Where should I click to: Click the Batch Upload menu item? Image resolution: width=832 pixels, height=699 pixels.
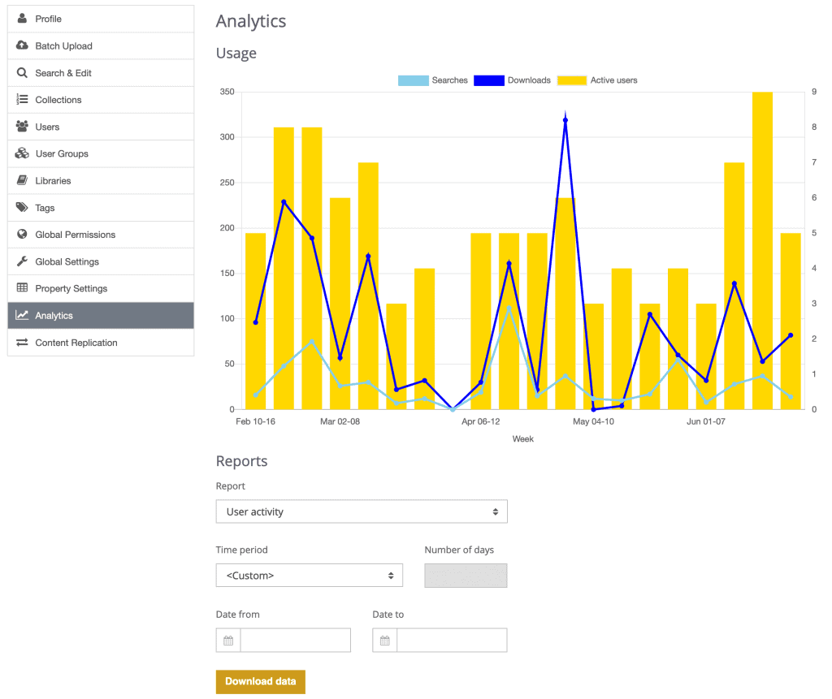63,46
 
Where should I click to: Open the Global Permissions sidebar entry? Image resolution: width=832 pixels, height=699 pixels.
75,235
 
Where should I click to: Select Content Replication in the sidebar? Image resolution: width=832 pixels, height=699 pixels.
76,343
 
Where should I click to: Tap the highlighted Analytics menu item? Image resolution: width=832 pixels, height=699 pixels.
54,316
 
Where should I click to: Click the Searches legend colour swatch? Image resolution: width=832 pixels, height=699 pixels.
413,80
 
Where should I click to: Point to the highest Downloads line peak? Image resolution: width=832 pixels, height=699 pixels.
565,120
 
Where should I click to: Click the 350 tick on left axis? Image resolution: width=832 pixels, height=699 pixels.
227,93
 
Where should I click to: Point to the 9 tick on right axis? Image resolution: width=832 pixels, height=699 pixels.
814,93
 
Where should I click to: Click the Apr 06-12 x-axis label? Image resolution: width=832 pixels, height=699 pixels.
481,422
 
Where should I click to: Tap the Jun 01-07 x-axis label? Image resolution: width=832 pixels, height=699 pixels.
706,422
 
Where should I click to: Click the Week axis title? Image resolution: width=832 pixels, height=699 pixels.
522,439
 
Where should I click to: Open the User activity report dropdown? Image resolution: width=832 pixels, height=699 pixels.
362,511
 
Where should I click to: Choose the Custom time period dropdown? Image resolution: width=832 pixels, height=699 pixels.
309,576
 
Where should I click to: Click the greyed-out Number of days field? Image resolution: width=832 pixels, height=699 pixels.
466,576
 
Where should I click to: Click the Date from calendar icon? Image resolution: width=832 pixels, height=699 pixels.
228,641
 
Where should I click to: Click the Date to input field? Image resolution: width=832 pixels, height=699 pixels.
451,641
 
